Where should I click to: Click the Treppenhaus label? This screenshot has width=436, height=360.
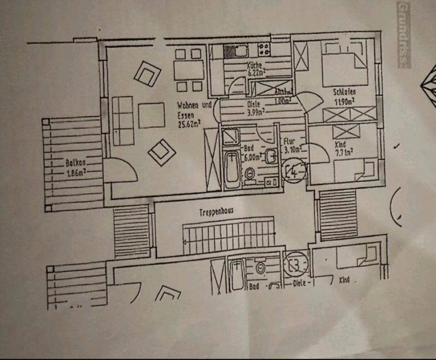tap(216, 212)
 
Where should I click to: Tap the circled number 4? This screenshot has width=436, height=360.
tap(294, 172)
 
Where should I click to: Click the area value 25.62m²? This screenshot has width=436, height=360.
tap(189, 122)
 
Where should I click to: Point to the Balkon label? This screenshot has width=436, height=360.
tap(76, 162)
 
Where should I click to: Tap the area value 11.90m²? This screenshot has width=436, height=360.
tap(345, 102)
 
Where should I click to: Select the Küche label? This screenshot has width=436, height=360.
tap(254, 65)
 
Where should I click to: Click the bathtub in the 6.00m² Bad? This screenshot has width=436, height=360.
tap(232, 169)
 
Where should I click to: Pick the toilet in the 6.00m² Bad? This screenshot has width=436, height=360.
tap(249, 173)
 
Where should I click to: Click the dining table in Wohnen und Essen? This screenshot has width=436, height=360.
tap(188, 70)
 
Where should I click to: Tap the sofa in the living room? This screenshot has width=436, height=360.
tap(122, 120)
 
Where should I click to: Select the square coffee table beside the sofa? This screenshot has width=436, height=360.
tap(151, 115)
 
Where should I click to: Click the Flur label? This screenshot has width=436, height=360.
tap(289, 141)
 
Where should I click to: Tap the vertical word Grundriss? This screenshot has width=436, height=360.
tap(403, 34)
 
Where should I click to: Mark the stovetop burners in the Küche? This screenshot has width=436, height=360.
tap(264, 47)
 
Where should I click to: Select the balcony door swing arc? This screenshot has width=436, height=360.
tap(123, 170)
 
